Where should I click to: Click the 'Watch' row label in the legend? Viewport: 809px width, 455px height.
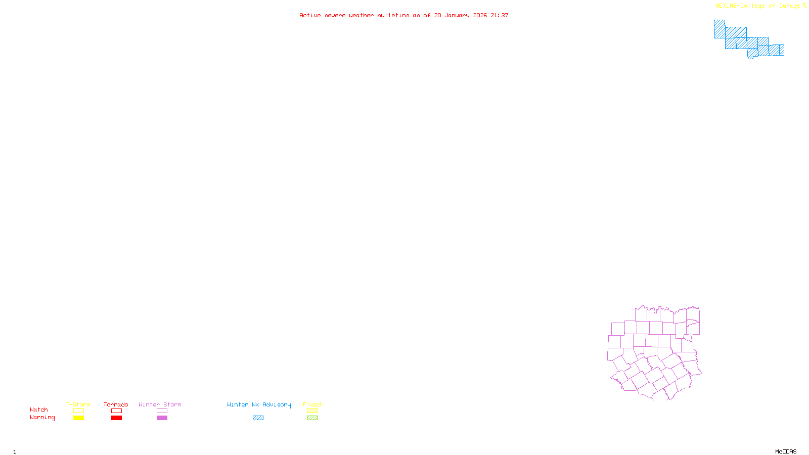(39, 410)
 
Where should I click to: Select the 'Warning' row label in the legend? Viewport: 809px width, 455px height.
(42, 418)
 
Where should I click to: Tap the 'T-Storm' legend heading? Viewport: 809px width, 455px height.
(78, 404)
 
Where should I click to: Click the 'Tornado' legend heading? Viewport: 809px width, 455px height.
(116, 404)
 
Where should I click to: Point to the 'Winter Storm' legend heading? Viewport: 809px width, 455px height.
(160, 404)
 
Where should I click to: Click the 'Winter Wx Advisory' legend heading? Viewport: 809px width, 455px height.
(259, 404)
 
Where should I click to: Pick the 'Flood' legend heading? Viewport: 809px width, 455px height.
(312, 404)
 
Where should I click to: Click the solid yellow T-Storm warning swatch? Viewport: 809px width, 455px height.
(78, 418)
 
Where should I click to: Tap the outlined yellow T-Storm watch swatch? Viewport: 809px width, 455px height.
(78, 411)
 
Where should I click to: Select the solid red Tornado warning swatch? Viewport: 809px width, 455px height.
(116, 418)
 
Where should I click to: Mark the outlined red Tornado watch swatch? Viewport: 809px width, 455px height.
(116, 411)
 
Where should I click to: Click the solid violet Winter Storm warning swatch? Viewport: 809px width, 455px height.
(162, 418)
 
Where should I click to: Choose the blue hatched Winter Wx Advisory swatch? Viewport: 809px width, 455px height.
(258, 418)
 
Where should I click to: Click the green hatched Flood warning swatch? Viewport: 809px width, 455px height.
(312, 418)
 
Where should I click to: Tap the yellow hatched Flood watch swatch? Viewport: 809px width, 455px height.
(312, 411)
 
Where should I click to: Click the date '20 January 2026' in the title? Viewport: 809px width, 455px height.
(460, 15)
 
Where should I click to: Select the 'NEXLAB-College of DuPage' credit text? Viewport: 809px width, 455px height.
(757, 6)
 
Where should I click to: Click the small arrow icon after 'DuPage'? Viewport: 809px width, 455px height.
(804, 6)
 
